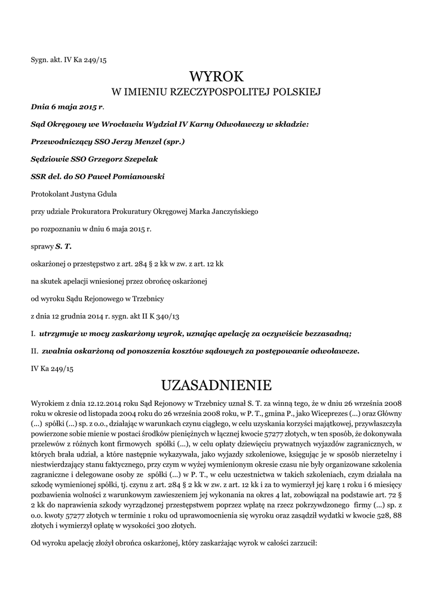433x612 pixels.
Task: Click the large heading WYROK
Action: pos(216,76)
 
